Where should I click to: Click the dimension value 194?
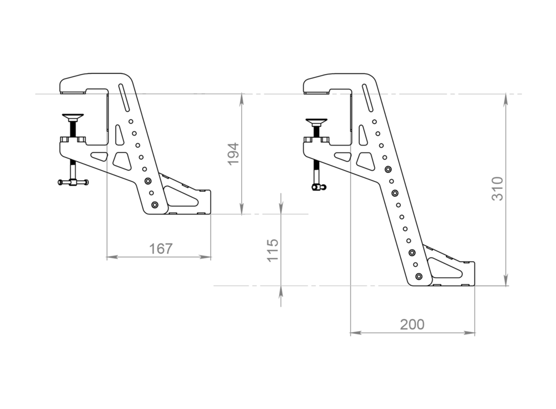234,153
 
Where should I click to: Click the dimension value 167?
161,249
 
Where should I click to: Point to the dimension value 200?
412,325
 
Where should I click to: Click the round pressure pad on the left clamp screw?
73,117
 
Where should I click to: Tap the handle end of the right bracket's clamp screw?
316,188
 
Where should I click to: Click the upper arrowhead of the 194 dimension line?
242,98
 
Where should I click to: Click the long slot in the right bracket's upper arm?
368,96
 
